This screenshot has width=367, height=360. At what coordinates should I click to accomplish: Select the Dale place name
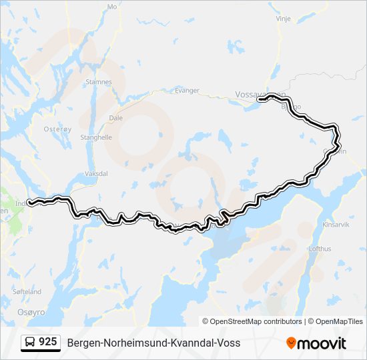(x=115, y=118)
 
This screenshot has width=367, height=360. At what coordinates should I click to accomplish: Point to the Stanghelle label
(x=96, y=138)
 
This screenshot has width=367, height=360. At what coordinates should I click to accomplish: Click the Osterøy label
(x=53, y=129)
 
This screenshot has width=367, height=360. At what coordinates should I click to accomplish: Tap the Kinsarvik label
(x=335, y=225)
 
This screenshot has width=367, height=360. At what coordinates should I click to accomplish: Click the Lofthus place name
(x=320, y=249)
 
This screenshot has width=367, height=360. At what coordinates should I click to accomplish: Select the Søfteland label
(x=27, y=292)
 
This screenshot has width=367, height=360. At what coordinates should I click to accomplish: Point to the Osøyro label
(x=31, y=312)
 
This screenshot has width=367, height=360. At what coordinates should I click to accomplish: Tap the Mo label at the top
(x=111, y=7)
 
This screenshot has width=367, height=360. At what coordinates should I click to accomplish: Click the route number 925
(x=47, y=342)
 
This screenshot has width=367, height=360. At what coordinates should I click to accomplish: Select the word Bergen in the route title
(x=83, y=343)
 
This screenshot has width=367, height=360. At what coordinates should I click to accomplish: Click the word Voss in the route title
(x=228, y=343)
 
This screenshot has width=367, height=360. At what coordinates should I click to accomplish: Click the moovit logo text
(x=321, y=343)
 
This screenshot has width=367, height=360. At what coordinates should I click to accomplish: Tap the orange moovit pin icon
(x=290, y=343)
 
